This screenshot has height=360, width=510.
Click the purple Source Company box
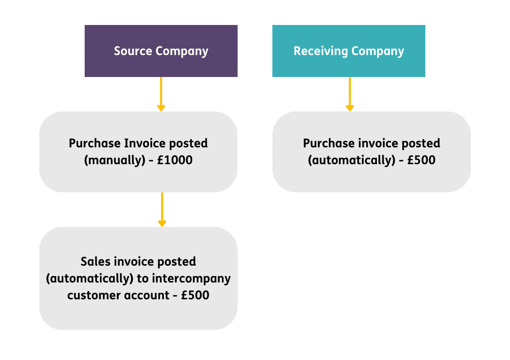pos(161,51)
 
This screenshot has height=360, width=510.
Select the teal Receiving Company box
pos(349,51)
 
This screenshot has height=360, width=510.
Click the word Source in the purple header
pos(133,51)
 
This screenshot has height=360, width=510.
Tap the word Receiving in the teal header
pos(321,52)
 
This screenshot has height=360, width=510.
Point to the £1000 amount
pos(174,160)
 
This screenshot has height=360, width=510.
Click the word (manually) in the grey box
pos(115,160)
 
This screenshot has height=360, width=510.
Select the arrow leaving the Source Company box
pos(161,94)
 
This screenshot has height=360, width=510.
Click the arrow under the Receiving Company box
pos(350,94)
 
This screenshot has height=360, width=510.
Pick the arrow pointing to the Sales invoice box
pos(162,210)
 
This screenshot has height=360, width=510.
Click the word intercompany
pos(191,279)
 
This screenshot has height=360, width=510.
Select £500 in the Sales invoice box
pos(195,295)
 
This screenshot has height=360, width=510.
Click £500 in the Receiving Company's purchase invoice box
pos(421,160)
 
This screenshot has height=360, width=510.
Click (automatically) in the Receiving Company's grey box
pos(351,160)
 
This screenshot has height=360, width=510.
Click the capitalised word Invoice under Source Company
pos(145,143)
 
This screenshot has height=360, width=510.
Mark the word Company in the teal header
pos(377,52)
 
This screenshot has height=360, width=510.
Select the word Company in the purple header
pos(182,52)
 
